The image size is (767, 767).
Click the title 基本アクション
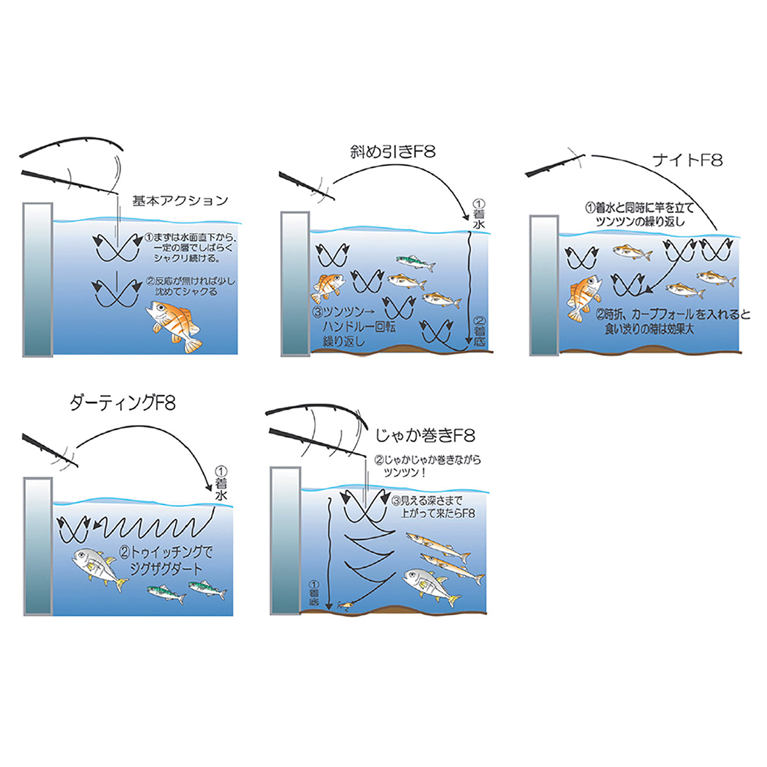[x=180, y=201]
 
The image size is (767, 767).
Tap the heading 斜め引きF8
[x=393, y=152]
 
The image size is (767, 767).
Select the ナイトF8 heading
[x=687, y=160]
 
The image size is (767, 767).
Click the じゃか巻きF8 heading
[x=426, y=436]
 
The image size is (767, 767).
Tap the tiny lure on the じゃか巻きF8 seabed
[x=344, y=605]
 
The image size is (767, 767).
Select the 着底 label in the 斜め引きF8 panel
[x=479, y=331]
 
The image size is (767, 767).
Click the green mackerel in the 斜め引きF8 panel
[x=415, y=263]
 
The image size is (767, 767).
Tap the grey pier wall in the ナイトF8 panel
[x=544, y=285]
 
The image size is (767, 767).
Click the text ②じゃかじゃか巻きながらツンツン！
[x=428, y=466]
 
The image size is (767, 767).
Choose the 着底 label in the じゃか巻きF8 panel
[x=314, y=593]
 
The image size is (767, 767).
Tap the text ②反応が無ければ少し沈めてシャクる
[x=191, y=286]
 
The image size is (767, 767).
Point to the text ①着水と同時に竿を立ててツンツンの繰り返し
[x=640, y=214]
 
